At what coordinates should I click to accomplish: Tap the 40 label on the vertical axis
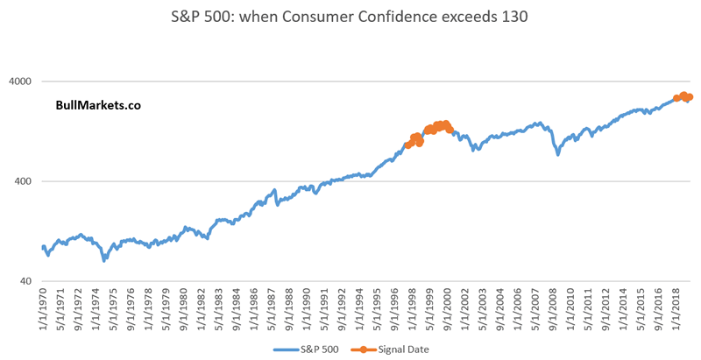27,281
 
